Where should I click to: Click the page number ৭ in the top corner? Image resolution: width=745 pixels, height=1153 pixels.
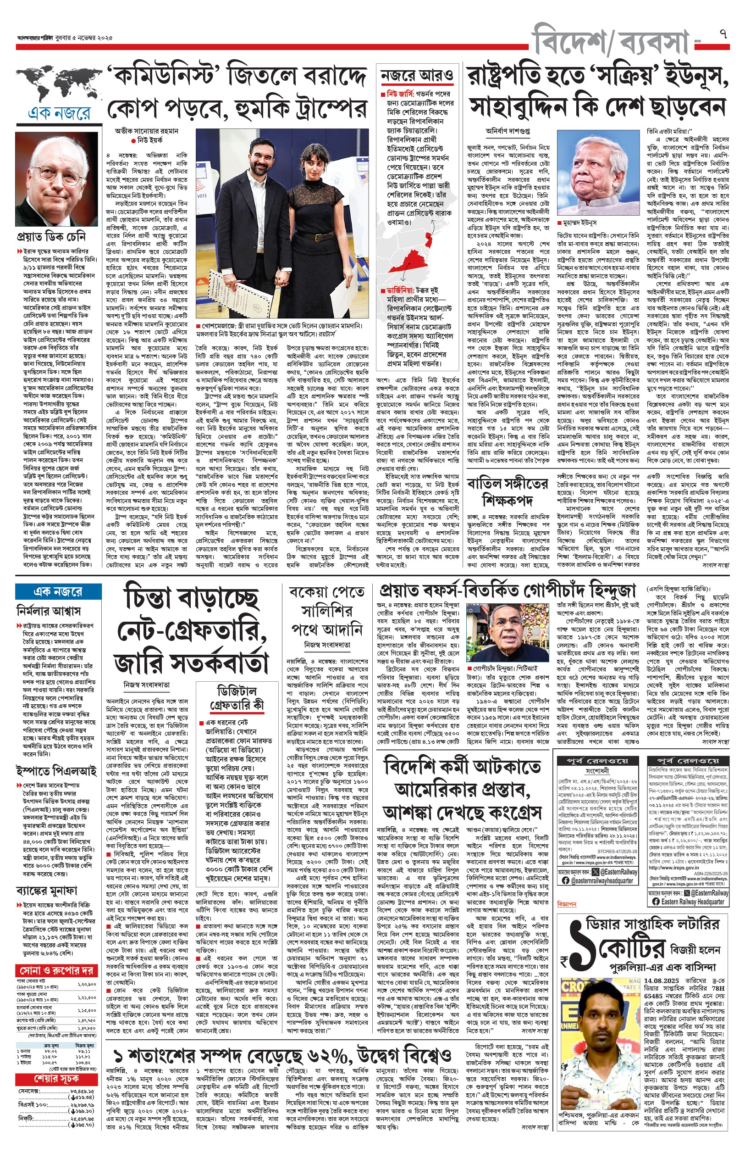(x=723, y=34)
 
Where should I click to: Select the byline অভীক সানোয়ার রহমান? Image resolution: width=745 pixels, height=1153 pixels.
(x=147, y=131)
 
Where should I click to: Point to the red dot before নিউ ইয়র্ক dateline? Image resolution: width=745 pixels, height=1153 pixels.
(x=133, y=140)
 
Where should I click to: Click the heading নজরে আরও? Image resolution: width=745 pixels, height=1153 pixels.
(x=417, y=75)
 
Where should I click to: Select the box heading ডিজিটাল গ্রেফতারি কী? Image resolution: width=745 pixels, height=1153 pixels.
(x=237, y=697)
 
